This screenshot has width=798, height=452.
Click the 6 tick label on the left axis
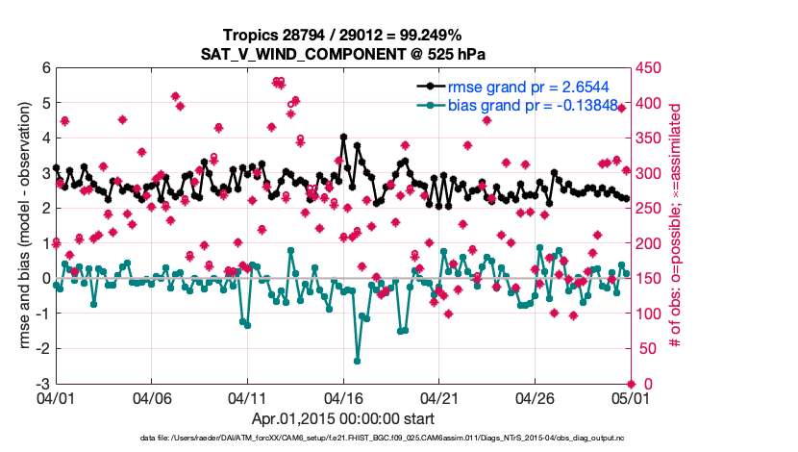pyautogui.click(x=44, y=68)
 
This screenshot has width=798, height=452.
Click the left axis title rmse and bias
pyautogui.click(x=21, y=226)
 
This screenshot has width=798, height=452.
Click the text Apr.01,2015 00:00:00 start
pyautogui.click(x=342, y=418)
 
